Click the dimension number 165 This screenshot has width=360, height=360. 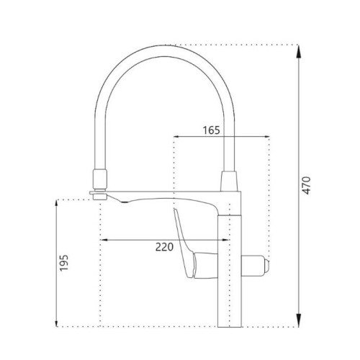coord(212,130)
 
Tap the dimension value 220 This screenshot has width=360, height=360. coord(164,247)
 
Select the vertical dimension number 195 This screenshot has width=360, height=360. coord(64,263)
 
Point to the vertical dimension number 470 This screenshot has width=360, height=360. coord(306,185)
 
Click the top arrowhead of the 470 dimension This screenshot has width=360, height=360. coord(298,52)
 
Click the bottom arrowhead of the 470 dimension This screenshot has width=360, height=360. coord(298,320)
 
